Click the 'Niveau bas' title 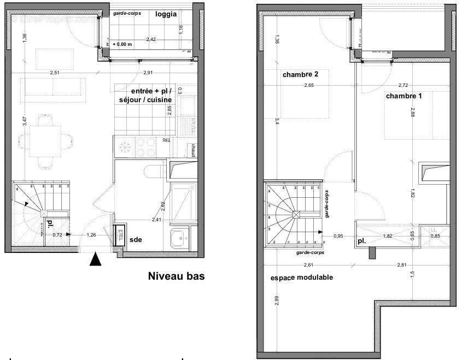tap(176, 276)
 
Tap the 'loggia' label tap(166, 14)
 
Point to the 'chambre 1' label tap(404, 96)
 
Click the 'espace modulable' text tap(302, 278)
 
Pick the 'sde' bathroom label tap(136, 239)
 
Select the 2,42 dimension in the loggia tap(151, 39)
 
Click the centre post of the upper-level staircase tap(296, 215)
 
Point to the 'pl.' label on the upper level tap(362, 240)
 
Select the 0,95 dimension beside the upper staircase tap(339, 236)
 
